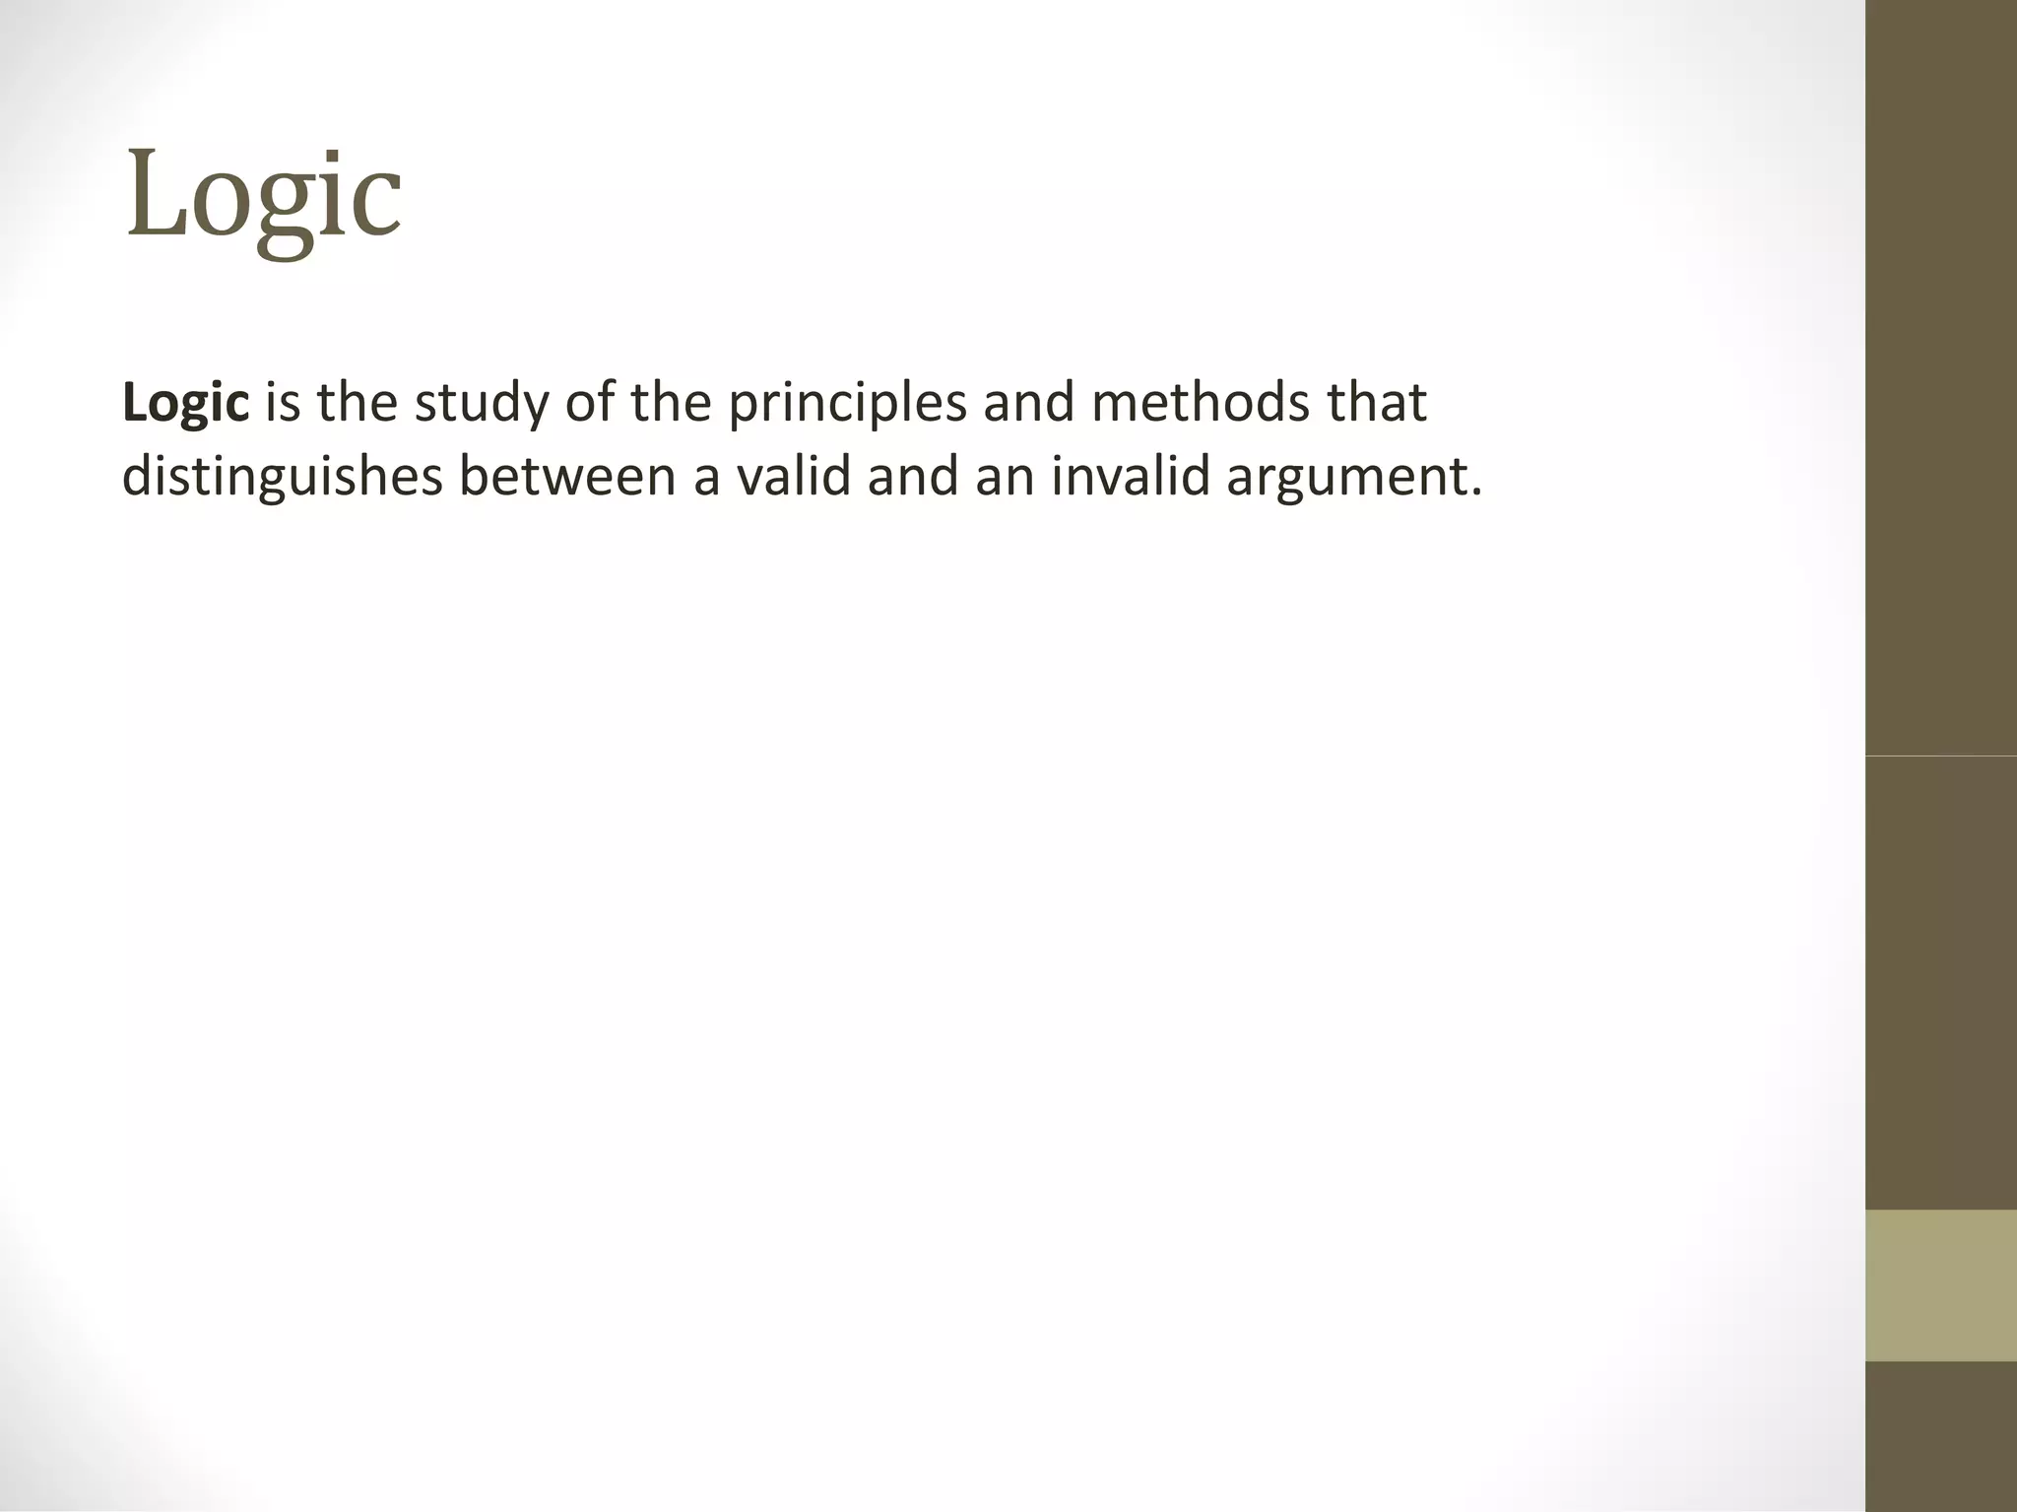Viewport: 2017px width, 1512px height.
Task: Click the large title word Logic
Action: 263,196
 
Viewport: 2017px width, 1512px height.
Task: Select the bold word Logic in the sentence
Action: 185,403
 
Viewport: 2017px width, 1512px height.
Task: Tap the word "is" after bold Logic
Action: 283,403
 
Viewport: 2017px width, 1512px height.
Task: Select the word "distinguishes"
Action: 282,479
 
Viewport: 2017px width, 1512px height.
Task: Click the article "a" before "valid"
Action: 707,478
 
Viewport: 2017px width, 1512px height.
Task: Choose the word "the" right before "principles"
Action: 670,403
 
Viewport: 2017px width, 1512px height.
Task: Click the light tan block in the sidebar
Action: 1940,1284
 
